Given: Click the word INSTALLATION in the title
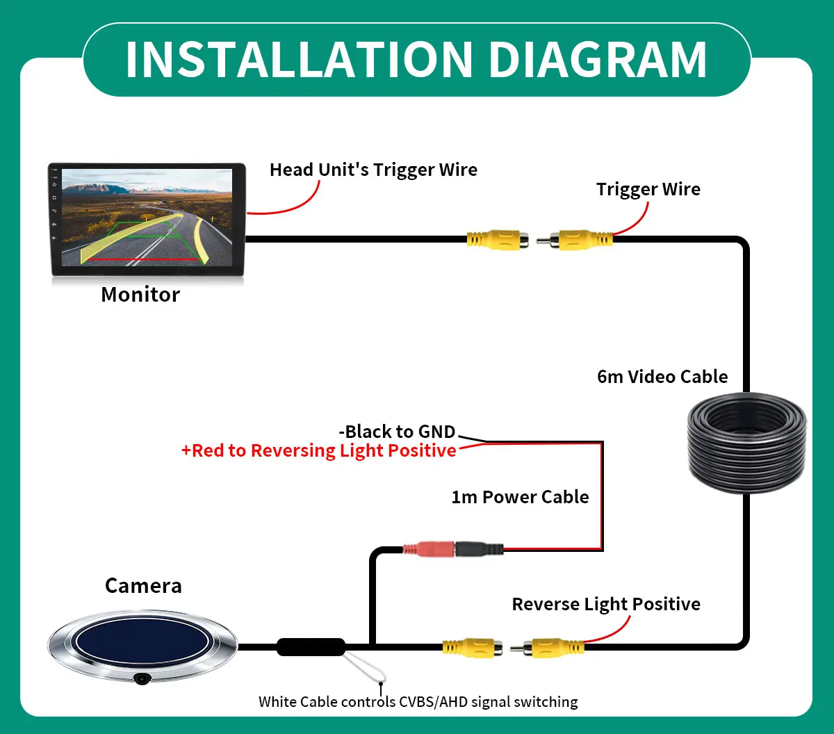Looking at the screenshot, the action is pos(300,59).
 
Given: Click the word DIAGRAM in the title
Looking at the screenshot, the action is pos(598,59).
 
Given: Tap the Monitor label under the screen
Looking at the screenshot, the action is pos(140,295).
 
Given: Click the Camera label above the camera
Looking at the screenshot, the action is pos(143,586).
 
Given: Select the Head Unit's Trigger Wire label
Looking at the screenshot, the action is pos(373,170).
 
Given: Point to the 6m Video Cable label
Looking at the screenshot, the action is pos(662,377).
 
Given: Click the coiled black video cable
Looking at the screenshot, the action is pos(746,443).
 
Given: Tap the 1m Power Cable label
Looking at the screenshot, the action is pos(520,497).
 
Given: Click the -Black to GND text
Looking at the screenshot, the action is pos(397,432).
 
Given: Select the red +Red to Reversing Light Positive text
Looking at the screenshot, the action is pos(318,450).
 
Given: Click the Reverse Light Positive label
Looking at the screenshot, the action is pos(606,604).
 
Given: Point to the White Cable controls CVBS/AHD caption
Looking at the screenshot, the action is pos(418,701).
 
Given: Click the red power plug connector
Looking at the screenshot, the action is pos(428,549).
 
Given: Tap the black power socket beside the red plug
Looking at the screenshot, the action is pos(479,549).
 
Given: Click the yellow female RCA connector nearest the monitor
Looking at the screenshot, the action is pos(498,240).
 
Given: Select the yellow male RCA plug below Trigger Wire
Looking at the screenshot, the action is pos(575,240).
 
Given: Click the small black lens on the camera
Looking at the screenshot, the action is pos(142,678).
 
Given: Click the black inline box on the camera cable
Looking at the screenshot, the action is pos(311,647).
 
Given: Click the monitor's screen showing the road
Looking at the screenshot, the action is pos(147,217).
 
